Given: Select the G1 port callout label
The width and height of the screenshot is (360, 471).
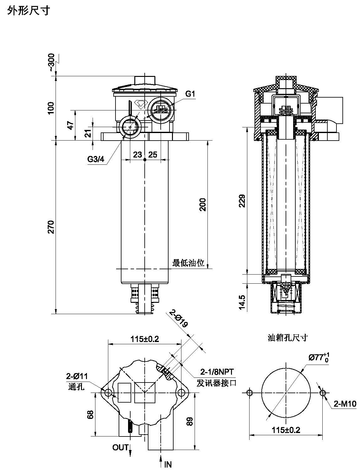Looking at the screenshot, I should pos(190,94).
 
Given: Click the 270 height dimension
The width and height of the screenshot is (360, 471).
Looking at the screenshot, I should pos(51,227).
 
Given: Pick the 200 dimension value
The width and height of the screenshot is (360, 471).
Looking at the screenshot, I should pos(203,204).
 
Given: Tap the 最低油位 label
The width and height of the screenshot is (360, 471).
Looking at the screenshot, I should pos(188,263).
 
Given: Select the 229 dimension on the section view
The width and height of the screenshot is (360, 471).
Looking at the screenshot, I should pos(242,201).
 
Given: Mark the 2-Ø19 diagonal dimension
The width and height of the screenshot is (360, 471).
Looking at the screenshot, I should pos(178,318).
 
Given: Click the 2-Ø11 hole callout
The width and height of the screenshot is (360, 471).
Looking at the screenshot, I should pos(77,376).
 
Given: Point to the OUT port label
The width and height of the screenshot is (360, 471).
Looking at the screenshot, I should pos(120,447).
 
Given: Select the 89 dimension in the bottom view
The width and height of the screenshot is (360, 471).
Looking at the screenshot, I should pos(189,421).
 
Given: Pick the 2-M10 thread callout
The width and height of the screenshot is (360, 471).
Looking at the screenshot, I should pos(345,404).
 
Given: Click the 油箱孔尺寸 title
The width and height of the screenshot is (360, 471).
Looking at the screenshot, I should pos(287,338).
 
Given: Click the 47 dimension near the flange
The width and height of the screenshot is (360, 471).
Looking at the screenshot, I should pos(72,125).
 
